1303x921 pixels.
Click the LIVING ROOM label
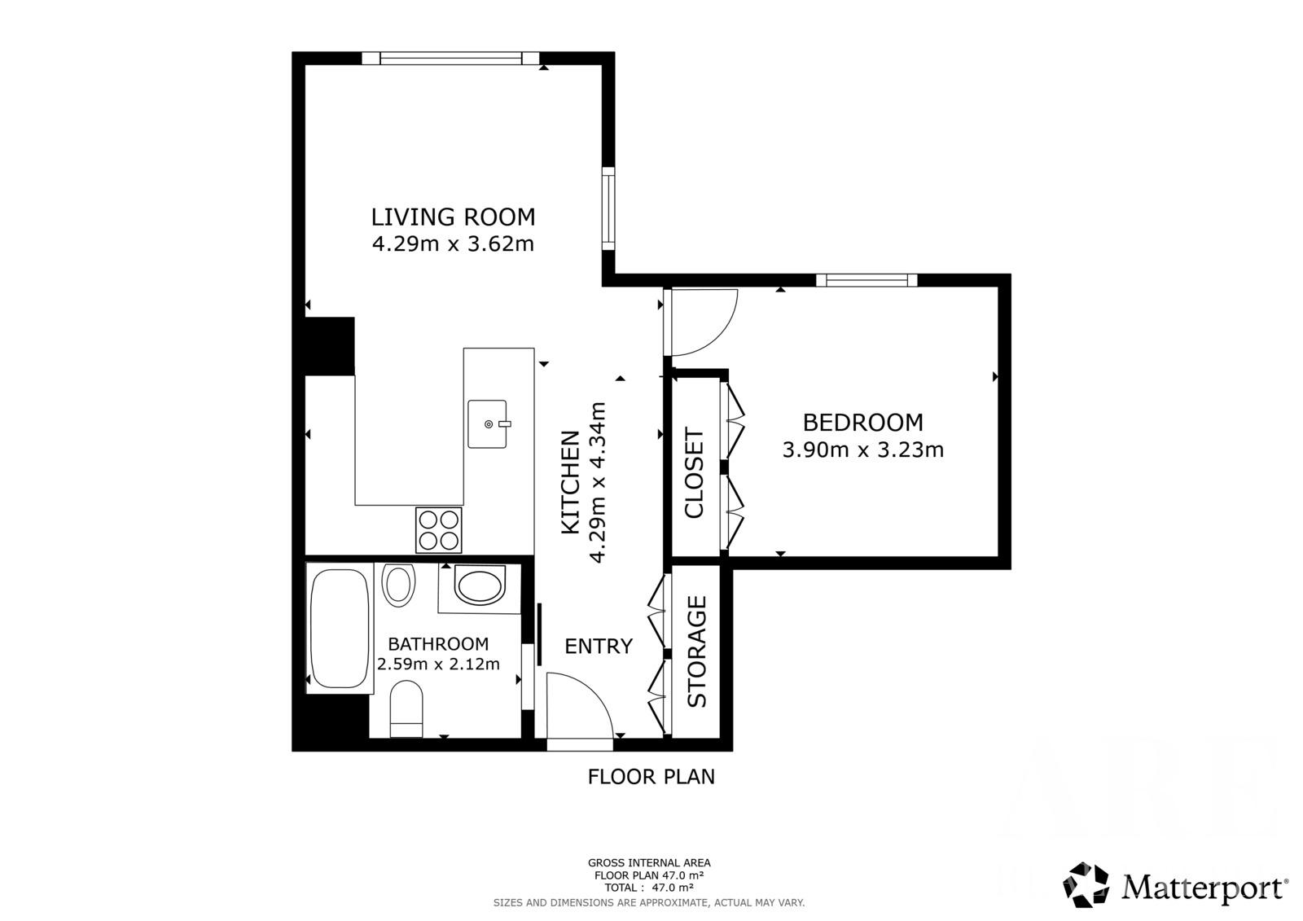point(453,217)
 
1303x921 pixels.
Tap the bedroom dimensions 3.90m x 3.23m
point(862,450)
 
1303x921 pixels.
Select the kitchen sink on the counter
point(488,423)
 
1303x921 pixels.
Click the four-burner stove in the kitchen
point(439,529)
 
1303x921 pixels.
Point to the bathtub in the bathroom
point(339,628)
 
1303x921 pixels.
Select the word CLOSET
point(695,472)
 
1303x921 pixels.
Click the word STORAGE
point(696,651)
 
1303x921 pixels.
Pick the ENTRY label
point(599,646)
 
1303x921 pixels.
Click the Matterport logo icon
point(1086,885)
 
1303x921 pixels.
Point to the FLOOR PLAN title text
point(651,776)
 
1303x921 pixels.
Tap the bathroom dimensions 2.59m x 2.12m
point(438,663)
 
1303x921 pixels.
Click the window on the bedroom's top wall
point(866,280)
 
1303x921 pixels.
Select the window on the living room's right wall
point(608,208)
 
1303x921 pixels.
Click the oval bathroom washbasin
point(480,586)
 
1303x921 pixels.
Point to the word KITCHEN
point(571,482)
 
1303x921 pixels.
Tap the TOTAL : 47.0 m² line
point(648,888)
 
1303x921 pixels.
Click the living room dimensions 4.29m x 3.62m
point(453,243)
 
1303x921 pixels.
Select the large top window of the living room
point(451,58)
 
